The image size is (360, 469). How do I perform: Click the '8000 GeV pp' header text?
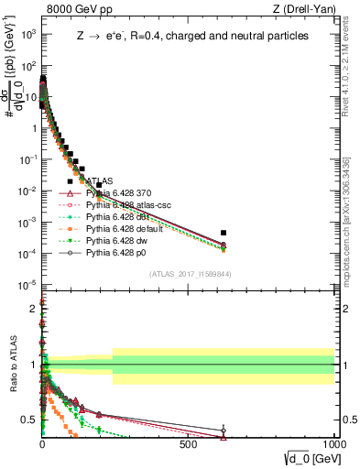click(x=72, y=10)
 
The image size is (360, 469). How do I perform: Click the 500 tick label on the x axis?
click(x=189, y=444)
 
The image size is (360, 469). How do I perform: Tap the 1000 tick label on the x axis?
click(x=333, y=444)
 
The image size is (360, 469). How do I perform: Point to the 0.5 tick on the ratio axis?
click(x=30, y=420)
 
